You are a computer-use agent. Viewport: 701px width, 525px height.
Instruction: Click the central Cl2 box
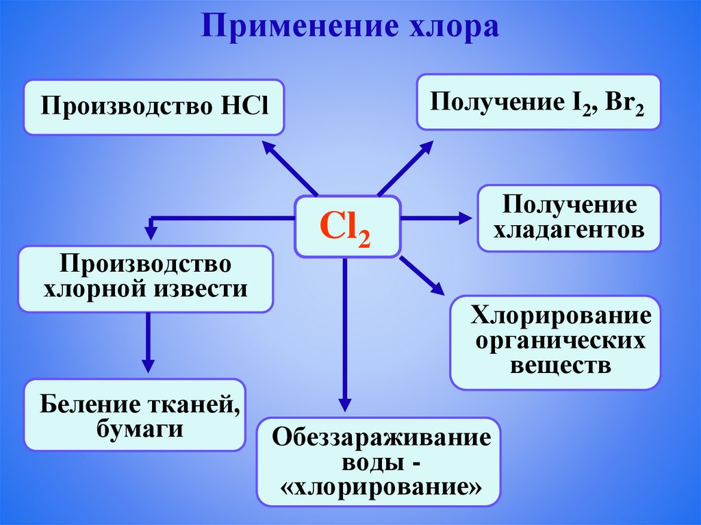click(x=347, y=227)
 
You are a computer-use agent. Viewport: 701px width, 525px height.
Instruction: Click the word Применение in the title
click(x=292, y=27)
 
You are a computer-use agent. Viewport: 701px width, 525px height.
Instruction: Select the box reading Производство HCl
click(x=154, y=107)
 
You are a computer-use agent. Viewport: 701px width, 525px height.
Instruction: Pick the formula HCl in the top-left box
click(x=244, y=107)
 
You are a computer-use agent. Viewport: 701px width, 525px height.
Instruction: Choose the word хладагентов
click(x=570, y=229)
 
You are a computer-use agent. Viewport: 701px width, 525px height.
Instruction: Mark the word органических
click(x=561, y=340)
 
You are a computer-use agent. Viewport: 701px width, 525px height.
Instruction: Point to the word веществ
click(x=560, y=365)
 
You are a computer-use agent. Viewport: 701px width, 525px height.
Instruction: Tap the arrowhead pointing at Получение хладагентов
click(x=466, y=218)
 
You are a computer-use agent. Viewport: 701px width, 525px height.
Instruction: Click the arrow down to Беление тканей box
click(x=147, y=342)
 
